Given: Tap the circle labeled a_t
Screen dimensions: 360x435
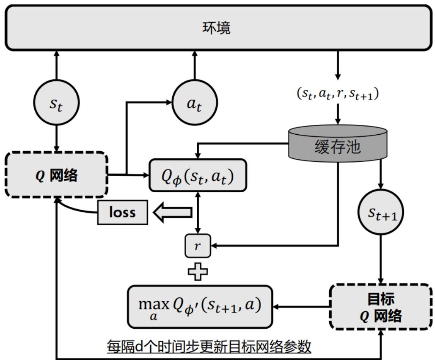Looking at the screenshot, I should [195, 102].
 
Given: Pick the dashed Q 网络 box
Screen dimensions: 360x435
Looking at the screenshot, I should [57, 174].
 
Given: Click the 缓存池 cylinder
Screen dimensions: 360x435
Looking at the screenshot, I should [337, 144].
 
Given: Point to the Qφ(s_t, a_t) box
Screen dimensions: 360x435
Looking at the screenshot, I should [198, 174].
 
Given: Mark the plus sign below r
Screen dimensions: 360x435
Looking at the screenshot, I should [198, 271].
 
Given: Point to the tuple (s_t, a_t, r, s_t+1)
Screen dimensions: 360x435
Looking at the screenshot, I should [337, 94].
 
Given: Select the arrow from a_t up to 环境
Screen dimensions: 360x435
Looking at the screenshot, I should [195, 66].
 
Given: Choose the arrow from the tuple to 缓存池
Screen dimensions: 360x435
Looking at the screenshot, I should [337, 114].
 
